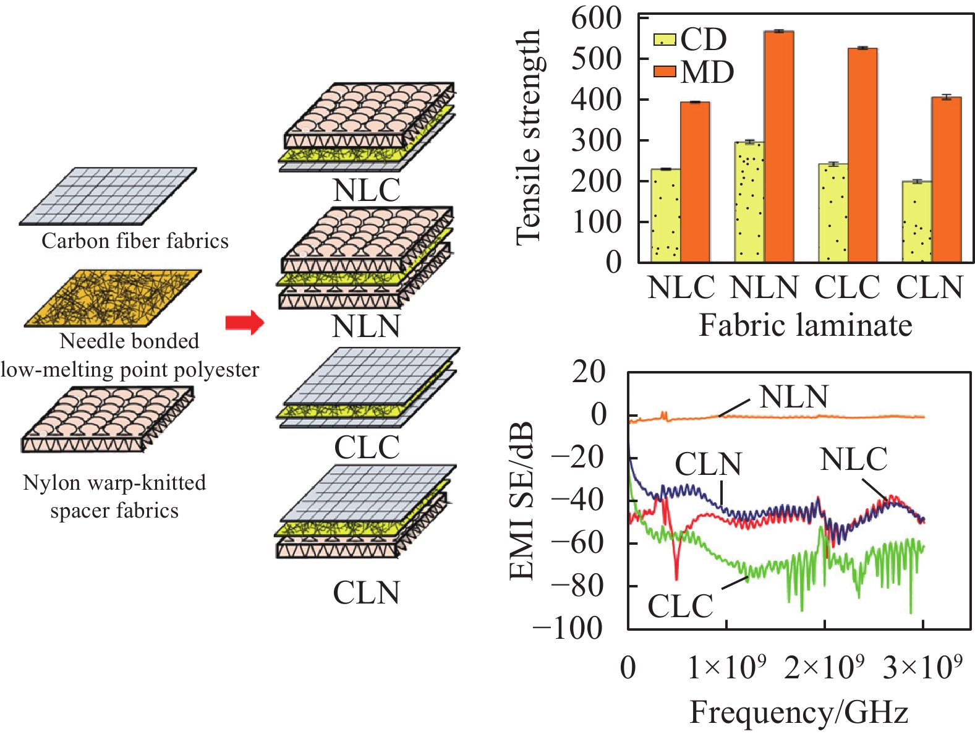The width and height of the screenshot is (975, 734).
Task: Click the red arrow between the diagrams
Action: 244,322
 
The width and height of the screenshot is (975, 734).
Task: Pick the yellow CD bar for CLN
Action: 917,221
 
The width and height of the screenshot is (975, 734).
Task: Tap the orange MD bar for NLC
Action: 695,182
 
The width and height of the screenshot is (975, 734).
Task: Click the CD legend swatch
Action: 665,40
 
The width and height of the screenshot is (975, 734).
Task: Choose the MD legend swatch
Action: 665,72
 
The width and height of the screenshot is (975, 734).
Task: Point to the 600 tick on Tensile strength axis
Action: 596,19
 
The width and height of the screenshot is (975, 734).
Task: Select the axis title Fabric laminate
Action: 805,325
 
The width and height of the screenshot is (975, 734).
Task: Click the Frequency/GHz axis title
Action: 799,712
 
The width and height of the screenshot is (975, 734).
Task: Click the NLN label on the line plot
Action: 793,397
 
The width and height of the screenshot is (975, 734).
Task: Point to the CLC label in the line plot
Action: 680,606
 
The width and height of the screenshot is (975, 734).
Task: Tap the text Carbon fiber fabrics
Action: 135,241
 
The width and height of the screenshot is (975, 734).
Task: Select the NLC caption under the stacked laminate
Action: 367,190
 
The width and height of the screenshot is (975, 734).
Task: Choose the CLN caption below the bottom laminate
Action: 367,593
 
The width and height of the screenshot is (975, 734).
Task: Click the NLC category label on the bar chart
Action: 681,288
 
